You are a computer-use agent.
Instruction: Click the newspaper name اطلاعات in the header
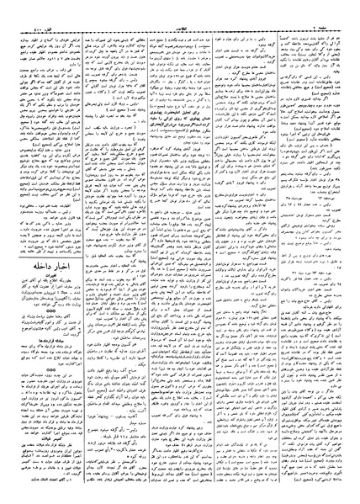181,7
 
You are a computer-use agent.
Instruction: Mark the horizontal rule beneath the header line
180,13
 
